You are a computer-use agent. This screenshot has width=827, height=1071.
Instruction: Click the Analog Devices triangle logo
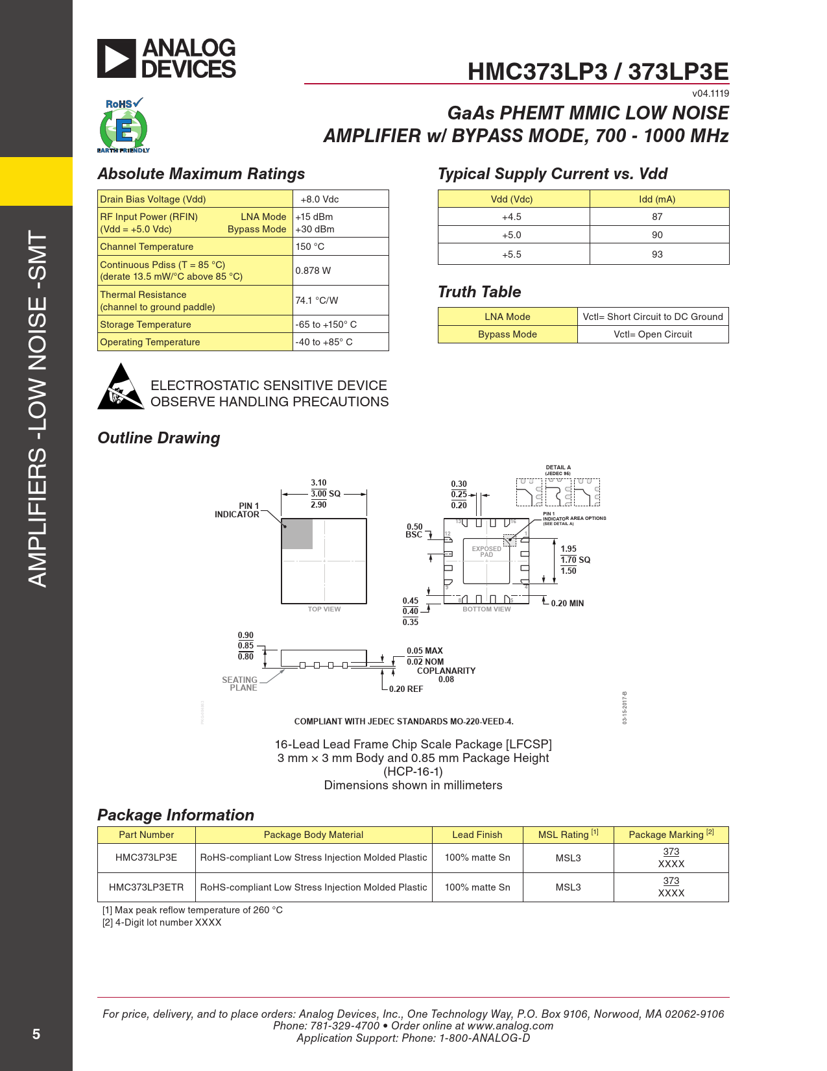click(117, 58)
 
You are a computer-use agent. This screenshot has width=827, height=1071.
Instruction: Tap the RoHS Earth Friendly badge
click(124, 126)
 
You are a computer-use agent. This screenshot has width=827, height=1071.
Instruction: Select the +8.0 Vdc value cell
click(319, 199)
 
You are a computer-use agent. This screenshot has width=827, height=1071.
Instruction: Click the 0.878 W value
click(313, 271)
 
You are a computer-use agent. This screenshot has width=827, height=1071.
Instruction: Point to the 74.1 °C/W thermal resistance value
click(317, 301)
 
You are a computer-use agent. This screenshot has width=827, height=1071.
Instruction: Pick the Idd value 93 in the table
click(657, 254)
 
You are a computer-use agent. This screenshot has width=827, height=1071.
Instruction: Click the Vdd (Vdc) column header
click(512, 199)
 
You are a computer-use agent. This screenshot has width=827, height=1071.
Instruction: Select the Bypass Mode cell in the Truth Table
click(507, 334)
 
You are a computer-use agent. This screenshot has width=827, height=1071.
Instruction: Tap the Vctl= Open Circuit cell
click(653, 334)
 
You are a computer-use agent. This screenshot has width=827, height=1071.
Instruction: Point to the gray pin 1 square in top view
click(298, 534)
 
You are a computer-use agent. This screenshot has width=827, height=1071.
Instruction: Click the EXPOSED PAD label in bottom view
click(486, 552)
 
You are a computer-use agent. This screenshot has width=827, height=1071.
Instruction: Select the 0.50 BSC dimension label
click(414, 531)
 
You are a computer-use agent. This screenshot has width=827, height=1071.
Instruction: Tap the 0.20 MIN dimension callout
click(567, 604)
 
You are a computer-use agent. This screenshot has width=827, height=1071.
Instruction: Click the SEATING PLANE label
click(240, 684)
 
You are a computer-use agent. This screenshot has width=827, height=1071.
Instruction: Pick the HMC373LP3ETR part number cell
click(146, 887)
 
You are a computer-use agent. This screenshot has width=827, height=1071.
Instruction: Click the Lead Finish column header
click(477, 835)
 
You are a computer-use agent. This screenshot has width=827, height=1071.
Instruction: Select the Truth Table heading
click(479, 292)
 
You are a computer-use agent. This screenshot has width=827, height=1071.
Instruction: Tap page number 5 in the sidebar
click(36, 1034)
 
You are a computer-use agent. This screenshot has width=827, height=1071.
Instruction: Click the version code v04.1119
click(710, 93)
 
